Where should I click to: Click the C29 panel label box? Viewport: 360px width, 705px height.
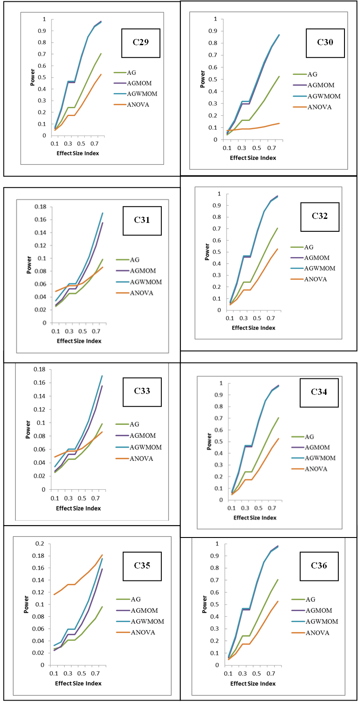[141, 43]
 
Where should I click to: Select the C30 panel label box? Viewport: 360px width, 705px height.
[325, 43]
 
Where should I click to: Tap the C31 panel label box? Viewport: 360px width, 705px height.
[142, 220]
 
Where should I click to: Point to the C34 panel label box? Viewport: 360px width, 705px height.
[319, 392]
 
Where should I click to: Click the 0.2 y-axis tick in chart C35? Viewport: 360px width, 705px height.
[39, 544]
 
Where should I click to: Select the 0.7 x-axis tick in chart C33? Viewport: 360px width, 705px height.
[95, 499]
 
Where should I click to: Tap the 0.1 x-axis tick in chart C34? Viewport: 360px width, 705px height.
[231, 508]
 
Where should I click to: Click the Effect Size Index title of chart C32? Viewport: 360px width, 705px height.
[253, 328]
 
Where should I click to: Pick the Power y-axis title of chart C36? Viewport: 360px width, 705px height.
[204, 604]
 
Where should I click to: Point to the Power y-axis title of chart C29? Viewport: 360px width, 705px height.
[32, 78]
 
